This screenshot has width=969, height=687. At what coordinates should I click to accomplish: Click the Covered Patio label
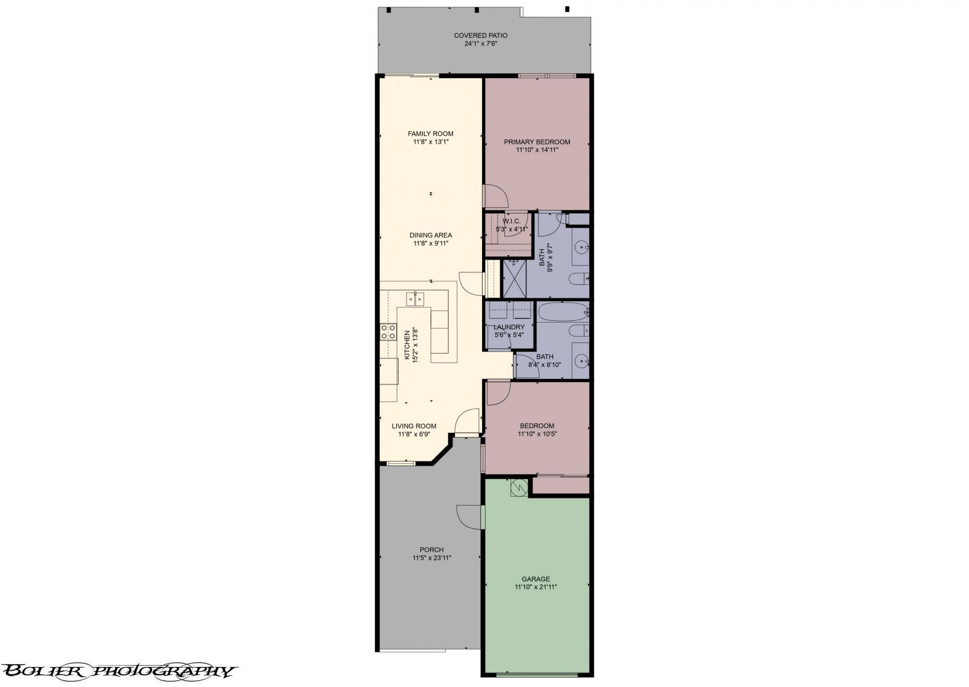click(480, 36)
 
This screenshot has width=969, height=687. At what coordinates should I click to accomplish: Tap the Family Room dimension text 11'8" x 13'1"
click(430, 142)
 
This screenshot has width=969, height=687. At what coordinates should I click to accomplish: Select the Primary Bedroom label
click(537, 142)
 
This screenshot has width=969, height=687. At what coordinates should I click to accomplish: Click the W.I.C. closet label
click(511, 221)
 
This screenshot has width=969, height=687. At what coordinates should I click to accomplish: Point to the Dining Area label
click(430, 235)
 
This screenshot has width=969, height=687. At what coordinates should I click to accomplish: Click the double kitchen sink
click(415, 298)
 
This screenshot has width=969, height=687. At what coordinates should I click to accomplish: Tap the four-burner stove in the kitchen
click(388, 332)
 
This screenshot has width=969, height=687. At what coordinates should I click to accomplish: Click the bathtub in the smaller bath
click(561, 313)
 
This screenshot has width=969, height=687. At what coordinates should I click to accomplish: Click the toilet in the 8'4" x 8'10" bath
click(578, 330)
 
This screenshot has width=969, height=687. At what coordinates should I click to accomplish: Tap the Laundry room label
click(509, 327)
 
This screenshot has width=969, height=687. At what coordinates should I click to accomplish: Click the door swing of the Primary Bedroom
click(495, 196)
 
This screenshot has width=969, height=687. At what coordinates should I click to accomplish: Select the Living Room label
click(414, 426)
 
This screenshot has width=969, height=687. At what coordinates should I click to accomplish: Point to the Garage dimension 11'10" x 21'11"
click(535, 587)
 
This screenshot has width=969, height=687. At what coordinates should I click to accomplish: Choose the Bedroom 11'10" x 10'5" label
click(537, 426)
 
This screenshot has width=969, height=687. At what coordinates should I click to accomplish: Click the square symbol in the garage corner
click(519, 488)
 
